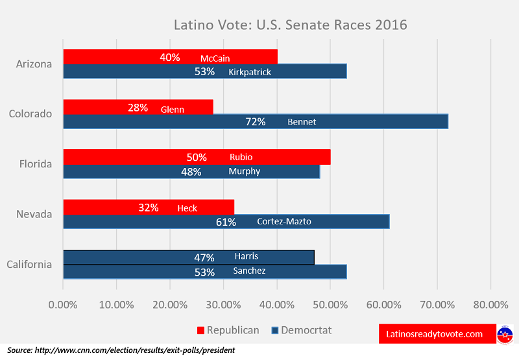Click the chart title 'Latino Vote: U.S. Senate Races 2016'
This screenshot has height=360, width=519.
(290, 26)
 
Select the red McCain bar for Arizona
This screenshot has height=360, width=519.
(170, 57)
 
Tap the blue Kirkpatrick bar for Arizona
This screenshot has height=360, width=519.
(204, 71)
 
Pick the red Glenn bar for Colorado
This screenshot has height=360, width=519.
(138, 107)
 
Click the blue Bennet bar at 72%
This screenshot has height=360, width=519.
(256, 121)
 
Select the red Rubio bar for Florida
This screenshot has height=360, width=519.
(197, 157)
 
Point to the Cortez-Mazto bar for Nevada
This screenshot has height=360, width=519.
(226, 221)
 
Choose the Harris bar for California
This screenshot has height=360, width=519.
(188, 257)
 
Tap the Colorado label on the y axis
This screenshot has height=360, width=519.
(30, 114)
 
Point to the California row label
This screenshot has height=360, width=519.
(29, 264)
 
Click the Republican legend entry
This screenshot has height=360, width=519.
(227, 330)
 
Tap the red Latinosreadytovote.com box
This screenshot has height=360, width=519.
(435, 334)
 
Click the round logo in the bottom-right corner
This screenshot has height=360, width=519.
(505, 333)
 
